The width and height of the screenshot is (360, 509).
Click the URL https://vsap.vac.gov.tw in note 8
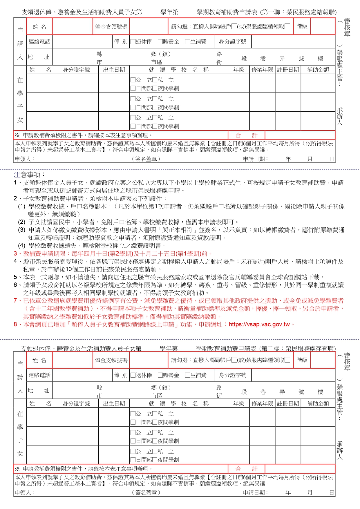(259, 325)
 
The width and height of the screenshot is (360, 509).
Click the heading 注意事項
(29, 175)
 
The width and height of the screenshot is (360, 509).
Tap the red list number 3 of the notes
(15, 254)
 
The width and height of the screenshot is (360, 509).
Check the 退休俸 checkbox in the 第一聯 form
(133, 42)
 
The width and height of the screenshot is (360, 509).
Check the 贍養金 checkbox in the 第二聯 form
(160, 375)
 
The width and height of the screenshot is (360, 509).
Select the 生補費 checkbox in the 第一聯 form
(187, 42)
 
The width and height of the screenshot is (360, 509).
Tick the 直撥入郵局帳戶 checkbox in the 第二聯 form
(234, 360)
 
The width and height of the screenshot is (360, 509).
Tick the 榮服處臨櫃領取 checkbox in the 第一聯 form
(287, 26)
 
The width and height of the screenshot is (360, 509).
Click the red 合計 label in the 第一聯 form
(246, 135)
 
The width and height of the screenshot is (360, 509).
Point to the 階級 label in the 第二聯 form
(302, 360)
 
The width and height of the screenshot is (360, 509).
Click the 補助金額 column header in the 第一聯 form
(318, 70)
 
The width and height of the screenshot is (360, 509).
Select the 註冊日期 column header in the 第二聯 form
(288, 403)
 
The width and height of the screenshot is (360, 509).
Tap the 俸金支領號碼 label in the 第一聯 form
(111, 27)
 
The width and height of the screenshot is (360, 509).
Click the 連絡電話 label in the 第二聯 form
(39, 375)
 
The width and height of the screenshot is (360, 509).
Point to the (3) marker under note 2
(22, 230)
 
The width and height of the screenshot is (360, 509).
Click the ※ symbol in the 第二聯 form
(17, 469)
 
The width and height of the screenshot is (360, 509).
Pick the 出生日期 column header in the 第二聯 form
(114, 403)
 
